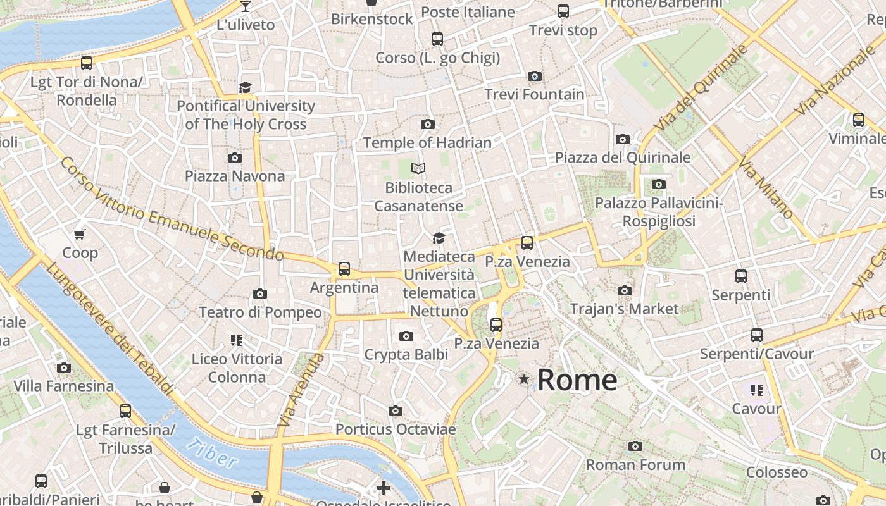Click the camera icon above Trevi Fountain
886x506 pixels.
(535, 77)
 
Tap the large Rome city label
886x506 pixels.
(577, 379)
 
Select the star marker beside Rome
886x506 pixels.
(524, 379)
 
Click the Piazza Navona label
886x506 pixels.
(235, 176)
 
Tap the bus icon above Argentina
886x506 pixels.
(344, 269)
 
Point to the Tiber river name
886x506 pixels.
(212, 454)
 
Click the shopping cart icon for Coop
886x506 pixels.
(80, 235)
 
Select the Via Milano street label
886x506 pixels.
(766, 188)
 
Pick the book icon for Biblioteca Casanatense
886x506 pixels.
(418, 168)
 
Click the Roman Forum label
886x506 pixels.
(635, 465)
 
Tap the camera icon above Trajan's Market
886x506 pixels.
(625, 291)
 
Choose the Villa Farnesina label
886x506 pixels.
(64, 386)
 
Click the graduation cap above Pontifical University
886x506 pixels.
(246, 87)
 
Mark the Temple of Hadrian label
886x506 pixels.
(427, 143)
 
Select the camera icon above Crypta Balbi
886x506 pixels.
(406, 336)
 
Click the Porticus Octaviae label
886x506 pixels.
(396, 429)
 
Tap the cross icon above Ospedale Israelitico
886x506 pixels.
(384, 488)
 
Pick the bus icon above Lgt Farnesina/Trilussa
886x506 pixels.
(125, 411)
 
